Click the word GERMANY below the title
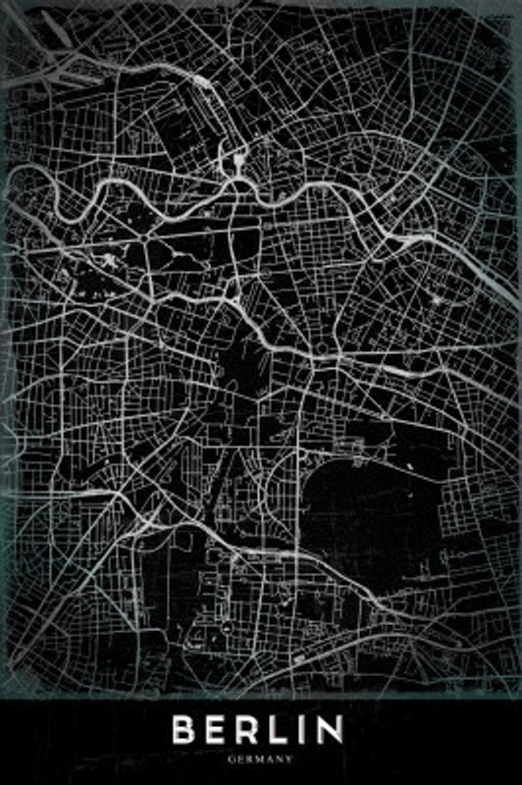click(260, 759)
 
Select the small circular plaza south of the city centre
click(321, 349)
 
